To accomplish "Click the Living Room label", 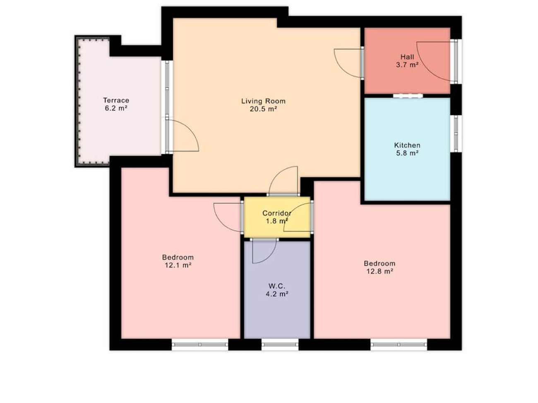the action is (263, 101).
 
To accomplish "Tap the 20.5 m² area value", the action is (263, 109).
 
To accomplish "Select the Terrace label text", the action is (116, 100).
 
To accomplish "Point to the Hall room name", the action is (407, 57).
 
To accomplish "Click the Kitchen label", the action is (407, 145).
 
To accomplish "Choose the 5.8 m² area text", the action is (407, 153).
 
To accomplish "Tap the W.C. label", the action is (277, 286).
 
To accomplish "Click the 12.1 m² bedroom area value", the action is (178, 265).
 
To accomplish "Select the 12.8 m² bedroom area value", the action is (379, 272).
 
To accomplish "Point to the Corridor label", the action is (277, 213).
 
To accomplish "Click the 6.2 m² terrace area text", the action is (116, 108).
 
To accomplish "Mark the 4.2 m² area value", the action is (277, 294).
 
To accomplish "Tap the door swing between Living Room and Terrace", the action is (190, 129).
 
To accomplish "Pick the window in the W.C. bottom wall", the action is (280, 345).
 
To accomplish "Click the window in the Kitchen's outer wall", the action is (456, 134).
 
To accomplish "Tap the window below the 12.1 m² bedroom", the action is (200, 345).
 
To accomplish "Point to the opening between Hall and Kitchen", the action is (408, 96).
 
